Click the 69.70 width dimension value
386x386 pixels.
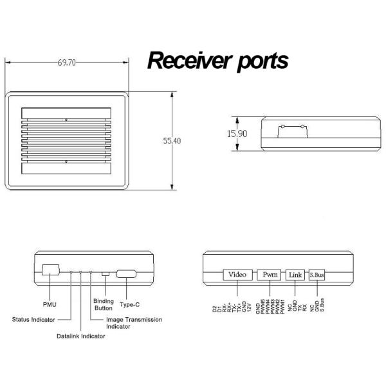[67, 62]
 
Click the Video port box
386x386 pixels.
[237, 275]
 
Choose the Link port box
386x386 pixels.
[295, 275]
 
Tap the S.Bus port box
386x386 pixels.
[317, 275]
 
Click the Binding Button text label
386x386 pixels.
[103, 304]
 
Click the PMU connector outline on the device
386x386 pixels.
[50, 270]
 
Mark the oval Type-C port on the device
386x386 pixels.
[126, 274]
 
